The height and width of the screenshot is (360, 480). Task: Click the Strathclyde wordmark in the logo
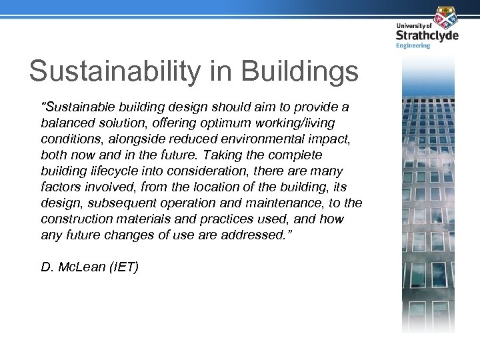click(x=427, y=35)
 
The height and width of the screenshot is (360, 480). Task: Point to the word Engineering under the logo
click(x=413, y=46)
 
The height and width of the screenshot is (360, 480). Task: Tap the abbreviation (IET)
click(x=123, y=267)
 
